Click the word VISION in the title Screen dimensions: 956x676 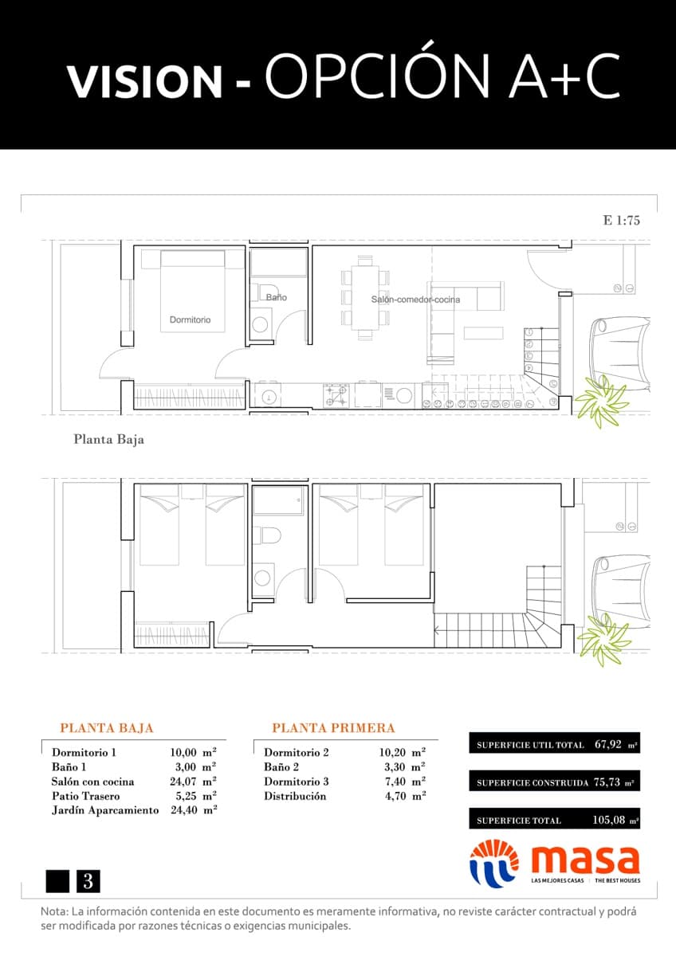click(144, 80)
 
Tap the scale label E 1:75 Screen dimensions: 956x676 click(622, 221)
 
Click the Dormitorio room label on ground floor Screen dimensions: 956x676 click(190, 319)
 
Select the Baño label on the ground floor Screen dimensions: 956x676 click(277, 297)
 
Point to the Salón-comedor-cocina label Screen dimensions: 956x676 click(415, 300)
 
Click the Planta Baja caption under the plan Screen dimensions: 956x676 click(108, 439)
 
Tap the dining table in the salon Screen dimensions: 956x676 click(365, 298)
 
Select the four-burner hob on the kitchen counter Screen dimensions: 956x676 click(336, 394)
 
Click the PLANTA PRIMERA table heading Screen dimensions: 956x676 click(333, 728)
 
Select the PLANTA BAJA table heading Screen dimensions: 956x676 click(107, 728)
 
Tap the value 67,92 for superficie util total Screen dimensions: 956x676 click(608, 745)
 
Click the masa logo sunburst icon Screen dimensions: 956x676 click(493, 863)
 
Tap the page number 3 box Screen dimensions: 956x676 click(88, 881)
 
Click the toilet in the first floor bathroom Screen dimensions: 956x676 click(269, 535)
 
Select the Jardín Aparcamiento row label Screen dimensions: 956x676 click(103, 810)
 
